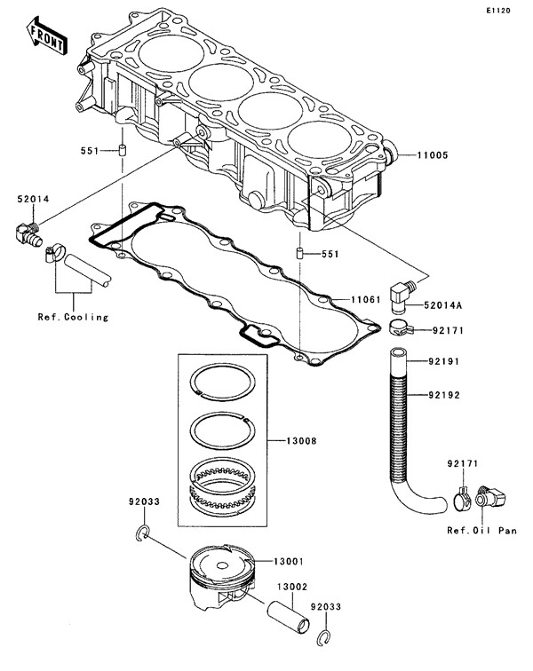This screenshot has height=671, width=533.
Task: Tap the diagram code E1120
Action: (499, 11)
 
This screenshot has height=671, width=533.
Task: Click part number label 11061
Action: (364, 300)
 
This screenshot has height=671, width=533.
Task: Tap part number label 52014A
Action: (443, 305)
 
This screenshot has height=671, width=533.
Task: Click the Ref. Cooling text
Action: (74, 317)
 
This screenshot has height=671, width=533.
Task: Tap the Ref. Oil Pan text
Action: (483, 532)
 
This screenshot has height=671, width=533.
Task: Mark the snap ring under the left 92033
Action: (143, 533)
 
